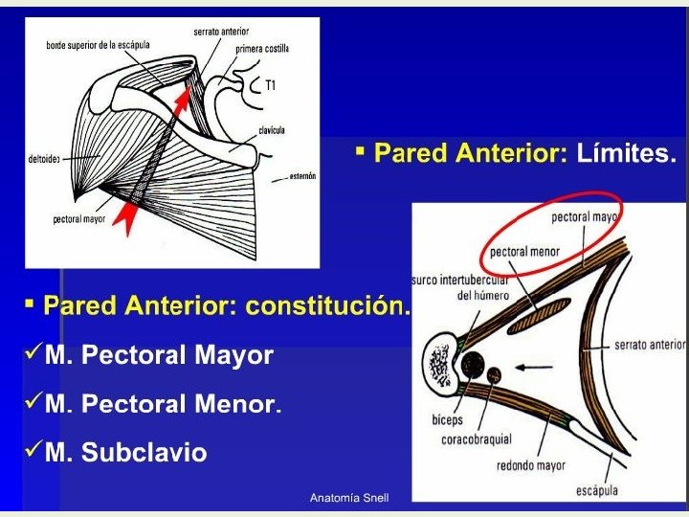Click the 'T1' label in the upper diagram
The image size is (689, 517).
click(271, 85)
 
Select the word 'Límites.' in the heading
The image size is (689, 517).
click(626, 153)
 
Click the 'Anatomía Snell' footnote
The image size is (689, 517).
click(349, 498)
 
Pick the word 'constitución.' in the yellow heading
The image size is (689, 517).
click(328, 306)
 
